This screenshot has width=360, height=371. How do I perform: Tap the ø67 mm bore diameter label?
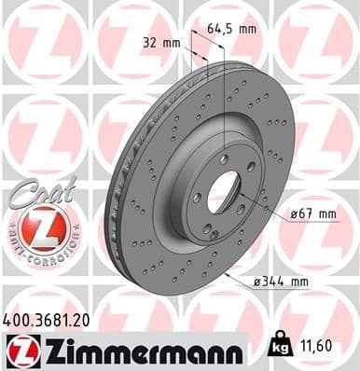(x=312, y=213)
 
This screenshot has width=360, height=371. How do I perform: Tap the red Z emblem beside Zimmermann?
(x=19, y=350)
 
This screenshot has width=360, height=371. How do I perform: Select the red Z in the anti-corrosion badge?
(x=32, y=227)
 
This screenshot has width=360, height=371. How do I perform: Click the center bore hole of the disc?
(x=224, y=192)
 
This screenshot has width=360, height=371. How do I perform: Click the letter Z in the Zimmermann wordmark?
(x=49, y=350)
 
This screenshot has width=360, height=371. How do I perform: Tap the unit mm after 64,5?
(x=248, y=29)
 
